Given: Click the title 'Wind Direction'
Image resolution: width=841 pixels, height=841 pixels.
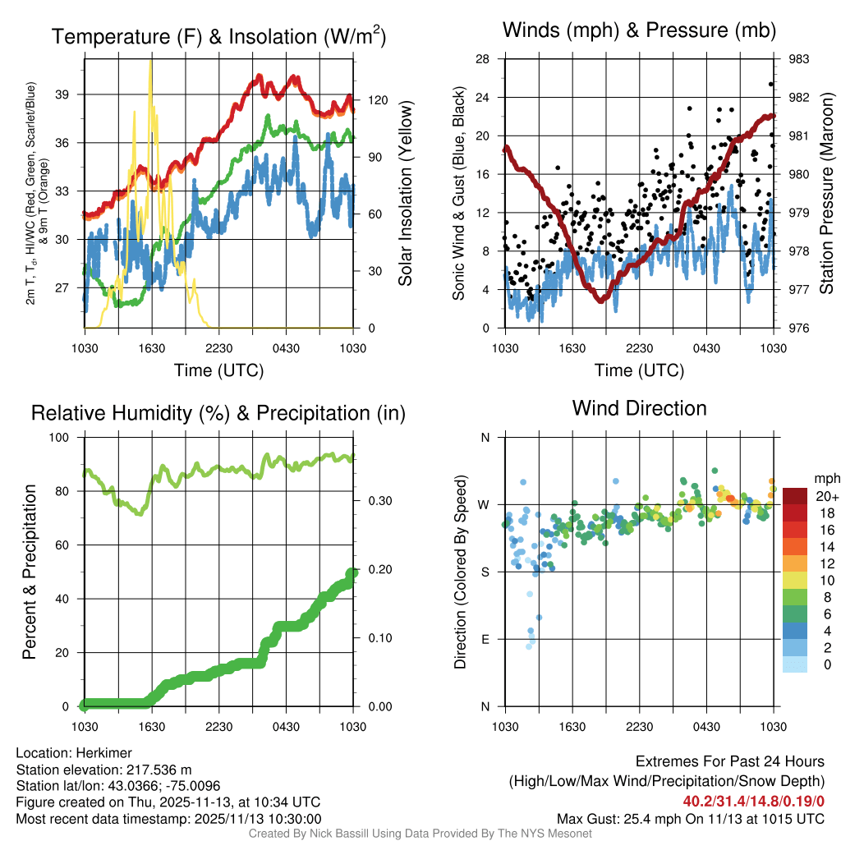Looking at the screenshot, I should pos(639,408).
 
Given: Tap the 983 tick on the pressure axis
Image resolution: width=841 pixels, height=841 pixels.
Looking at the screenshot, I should pos(799,59).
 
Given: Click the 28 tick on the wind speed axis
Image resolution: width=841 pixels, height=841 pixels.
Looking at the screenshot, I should pos(483,59).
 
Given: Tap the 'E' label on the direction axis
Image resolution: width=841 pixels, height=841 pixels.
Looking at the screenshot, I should pos(485,639).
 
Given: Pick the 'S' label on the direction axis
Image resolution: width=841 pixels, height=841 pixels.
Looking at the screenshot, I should pos(485,572).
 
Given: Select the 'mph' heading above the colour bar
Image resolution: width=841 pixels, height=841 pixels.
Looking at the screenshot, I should pos(825,478).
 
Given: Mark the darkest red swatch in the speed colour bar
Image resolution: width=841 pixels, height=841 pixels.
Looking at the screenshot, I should pos(795,496).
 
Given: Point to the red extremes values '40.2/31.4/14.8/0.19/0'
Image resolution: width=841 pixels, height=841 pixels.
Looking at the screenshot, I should pos(753,801).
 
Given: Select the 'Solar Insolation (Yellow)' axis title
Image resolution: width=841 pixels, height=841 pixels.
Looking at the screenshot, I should pos(405,194).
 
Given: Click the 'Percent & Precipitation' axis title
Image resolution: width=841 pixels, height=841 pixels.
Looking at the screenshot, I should pos(30,572).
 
